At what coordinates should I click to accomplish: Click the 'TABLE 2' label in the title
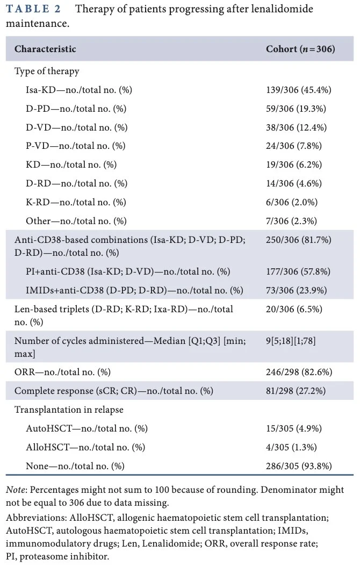coord(33,9)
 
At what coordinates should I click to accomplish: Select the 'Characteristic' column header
coord(45,49)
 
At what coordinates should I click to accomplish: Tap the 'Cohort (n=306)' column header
coord(300,49)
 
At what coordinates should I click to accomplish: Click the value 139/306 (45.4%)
coord(299,90)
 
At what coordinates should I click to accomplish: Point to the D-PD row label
coord(76,109)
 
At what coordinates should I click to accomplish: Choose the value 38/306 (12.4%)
coord(297,127)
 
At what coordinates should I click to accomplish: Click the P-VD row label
coord(76,146)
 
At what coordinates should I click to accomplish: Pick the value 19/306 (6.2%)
coord(294,165)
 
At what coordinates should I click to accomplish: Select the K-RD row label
coord(76,202)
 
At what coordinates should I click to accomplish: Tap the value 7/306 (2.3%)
coord(292,221)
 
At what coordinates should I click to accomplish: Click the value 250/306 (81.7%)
coord(299,240)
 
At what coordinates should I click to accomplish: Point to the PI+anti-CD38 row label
coord(128,271)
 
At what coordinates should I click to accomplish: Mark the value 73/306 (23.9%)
coord(297,290)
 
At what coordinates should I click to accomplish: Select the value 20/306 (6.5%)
coord(294,310)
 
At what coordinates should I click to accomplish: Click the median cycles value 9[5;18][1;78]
coord(291,341)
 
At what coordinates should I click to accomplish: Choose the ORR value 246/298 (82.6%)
coord(299,372)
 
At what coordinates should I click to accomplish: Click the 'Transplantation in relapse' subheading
coord(69,410)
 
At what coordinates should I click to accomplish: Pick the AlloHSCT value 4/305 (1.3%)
coord(292,447)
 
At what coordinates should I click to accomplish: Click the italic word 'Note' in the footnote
coord(16,490)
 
